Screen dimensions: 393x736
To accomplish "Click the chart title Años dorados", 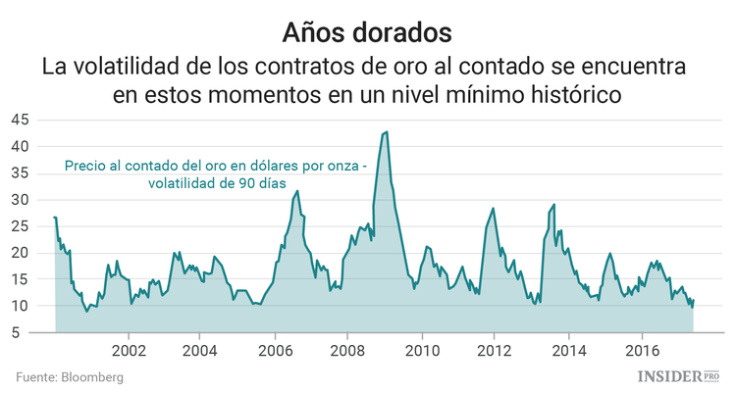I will coord(367,31).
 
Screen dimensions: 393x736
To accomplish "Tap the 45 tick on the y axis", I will coord(20,120).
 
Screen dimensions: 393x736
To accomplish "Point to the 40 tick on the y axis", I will coord(20,146).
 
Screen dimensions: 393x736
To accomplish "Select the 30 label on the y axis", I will coord(20,200).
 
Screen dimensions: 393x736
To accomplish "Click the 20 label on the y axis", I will coord(20,253).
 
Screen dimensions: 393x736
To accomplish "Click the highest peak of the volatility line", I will coord(387,131).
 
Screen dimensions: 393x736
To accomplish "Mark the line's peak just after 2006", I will coord(297,190).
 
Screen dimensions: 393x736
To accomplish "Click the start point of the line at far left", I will coord(54,218).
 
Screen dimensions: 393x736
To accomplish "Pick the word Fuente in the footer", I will coord(34,376).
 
